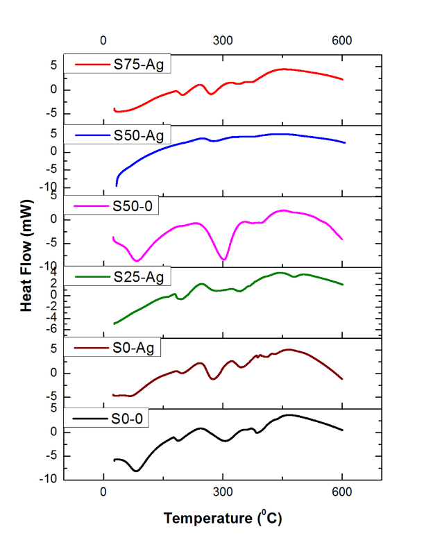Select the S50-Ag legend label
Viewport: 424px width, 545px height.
pos(139,135)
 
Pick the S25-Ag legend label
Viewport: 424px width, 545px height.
pos(139,278)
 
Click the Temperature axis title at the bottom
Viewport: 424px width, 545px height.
pos(223,517)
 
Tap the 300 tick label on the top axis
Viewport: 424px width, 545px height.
pos(223,40)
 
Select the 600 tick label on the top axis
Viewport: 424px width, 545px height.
pos(342,40)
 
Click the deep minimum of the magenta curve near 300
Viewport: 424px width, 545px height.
pos(223,260)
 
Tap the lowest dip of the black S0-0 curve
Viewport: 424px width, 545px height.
pos(137,471)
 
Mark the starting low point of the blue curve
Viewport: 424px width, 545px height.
pos(117,185)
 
